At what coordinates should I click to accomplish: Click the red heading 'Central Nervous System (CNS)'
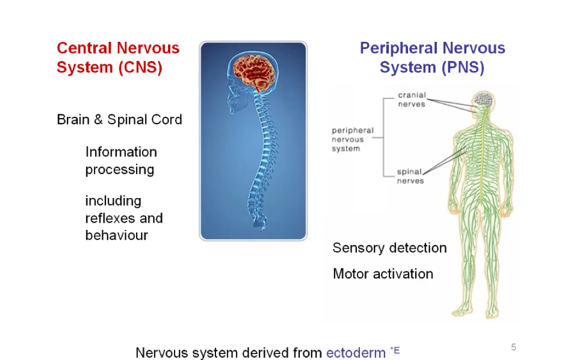[x=118, y=58]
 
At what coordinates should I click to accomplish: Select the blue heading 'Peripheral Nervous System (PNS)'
[x=432, y=58]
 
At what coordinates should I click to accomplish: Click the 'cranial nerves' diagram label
[x=411, y=100]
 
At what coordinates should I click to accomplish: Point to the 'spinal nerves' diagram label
[x=410, y=176]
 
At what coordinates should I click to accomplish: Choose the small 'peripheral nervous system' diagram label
[x=353, y=139]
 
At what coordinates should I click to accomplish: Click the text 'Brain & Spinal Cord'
[x=119, y=120]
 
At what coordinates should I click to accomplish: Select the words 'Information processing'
[x=121, y=160]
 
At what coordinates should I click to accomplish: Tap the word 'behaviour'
[x=116, y=235]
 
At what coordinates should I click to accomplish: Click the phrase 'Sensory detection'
[x=390, y=248]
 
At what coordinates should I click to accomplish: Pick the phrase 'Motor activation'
[x=383, y=274]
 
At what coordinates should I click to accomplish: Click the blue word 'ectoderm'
[x=356, y=352]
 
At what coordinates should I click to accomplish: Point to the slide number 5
[x=513, y=347]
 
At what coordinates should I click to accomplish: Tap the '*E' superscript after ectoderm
[x=395, y=350]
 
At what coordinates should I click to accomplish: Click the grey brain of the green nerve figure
[x=483, y=100]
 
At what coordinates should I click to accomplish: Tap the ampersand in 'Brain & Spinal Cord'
[x=98, y=120]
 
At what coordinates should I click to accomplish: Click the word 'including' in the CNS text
[x=113, y=201]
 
